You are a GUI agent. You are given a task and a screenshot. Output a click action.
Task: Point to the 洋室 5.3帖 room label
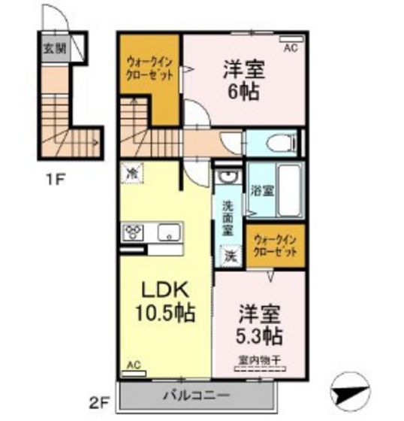pos(260,322)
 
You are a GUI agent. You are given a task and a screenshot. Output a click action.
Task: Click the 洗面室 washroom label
pos(228,218)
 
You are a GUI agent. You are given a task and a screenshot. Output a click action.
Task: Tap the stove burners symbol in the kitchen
pos(135,232)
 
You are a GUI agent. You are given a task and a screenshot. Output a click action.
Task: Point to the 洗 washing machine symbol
pos(230,255)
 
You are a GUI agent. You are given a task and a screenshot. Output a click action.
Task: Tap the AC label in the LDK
pos(134,365)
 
